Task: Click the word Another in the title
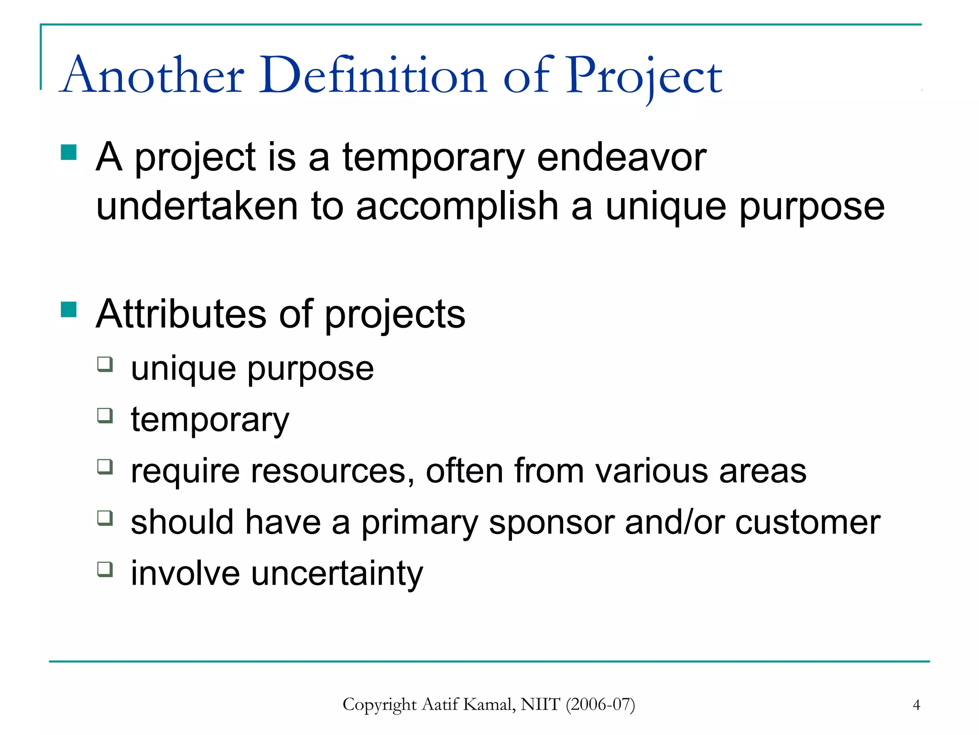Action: [153, 76]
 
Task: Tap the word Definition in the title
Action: [372, 76]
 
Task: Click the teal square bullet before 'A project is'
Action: [69, 153]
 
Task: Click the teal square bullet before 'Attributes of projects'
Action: [69, 310]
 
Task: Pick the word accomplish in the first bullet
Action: [457, 206]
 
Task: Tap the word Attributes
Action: [181, 314]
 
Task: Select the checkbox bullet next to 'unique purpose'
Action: [105, 364]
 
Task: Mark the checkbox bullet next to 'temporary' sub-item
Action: [105, 415]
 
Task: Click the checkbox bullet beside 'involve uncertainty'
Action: [105, 569]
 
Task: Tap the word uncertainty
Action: [337, 573]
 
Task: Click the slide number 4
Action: [916, 705]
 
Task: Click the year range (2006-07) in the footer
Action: [600, 704]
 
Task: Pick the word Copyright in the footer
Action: [380, 705]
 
